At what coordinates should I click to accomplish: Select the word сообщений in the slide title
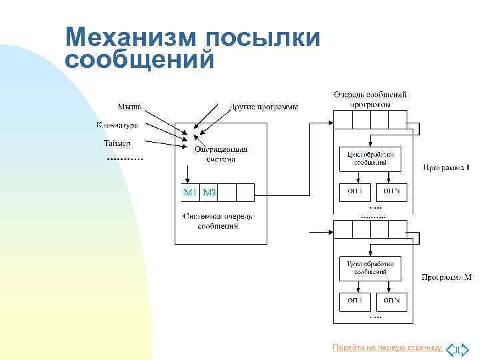tap(140, 59)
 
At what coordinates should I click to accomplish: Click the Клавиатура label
tap(117, 125)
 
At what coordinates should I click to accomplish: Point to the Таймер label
tap(117, 143)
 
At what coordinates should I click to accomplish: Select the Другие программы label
tap(264, 107)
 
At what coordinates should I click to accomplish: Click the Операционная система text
tap(221, 154)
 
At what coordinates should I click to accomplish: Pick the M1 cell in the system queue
tap(190, 193)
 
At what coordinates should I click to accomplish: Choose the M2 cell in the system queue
tap(209, 193)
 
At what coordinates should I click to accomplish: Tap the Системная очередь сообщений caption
tap(218, 221)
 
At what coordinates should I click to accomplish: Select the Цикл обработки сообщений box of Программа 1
tap(370, 157)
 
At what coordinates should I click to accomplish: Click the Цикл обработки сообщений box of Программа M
tap(370, 267)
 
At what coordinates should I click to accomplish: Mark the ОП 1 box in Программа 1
tap(353, 191)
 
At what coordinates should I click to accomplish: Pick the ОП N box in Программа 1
tap(391, 191)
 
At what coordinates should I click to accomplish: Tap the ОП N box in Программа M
tap(391, 301)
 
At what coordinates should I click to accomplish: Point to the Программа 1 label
tap(447, 167)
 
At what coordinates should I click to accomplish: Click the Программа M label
tap(447, 277)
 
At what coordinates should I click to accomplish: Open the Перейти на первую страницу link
tap(387, 348)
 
